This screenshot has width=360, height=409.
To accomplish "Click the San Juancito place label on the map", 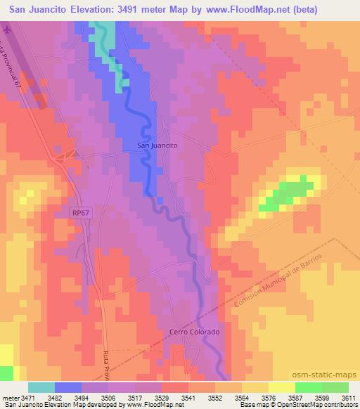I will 156,145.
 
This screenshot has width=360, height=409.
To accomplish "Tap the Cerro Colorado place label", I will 195,332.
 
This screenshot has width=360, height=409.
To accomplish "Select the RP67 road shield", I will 81,212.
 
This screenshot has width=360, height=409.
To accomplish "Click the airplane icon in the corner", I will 7,31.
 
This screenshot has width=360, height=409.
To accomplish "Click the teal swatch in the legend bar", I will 41,387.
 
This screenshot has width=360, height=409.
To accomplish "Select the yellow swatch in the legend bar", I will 281,387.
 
